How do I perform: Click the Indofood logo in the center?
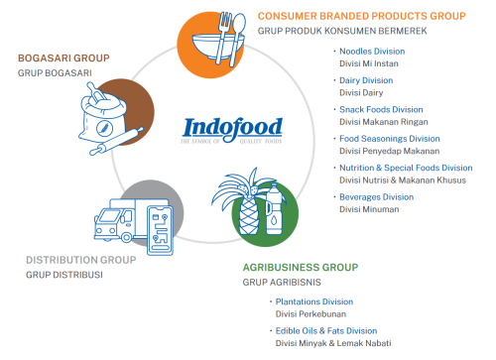[x=233, y=130]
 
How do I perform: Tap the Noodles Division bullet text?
[x=373, y=51]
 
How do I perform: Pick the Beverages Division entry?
[x=376, y=197]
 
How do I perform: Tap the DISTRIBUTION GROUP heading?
[x=80, y=260]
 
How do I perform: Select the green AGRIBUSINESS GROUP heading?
[x=301, y=267]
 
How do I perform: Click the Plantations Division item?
[x=314, y=301]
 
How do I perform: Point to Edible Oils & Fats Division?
[x=326, y=330]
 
